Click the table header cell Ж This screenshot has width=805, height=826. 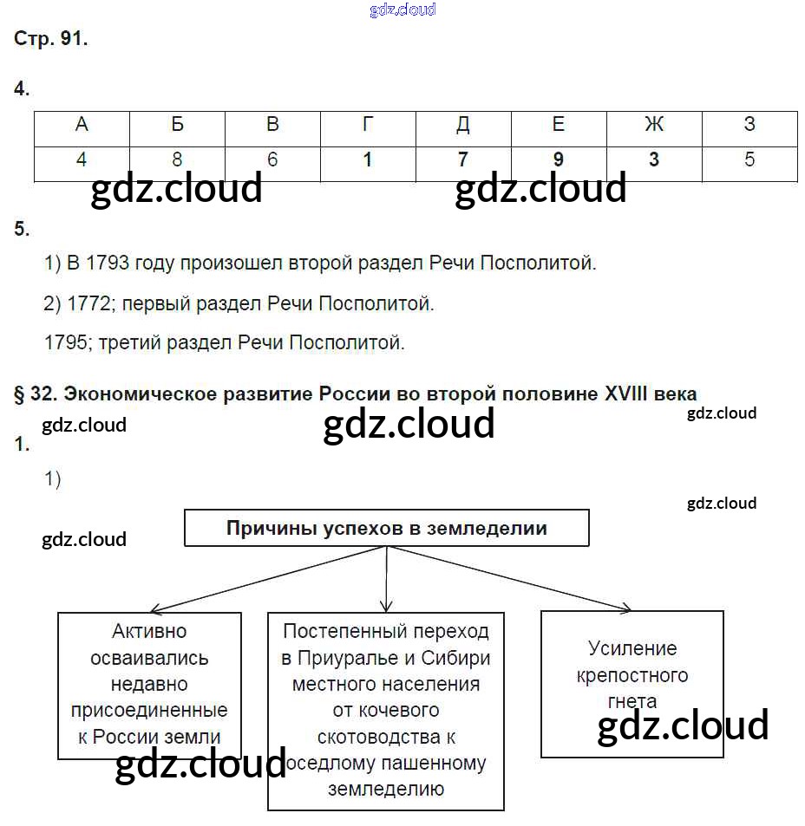click(653, 125)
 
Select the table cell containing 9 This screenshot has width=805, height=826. click(558, 160)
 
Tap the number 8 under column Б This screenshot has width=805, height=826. click(177, 160)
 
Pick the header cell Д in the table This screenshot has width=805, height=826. click(462, 125)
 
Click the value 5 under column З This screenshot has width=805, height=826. click(749, 160)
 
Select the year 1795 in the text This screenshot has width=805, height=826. click(66, 342)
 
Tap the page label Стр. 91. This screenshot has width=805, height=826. click(51, 39)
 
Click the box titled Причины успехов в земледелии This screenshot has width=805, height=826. click(386, 528)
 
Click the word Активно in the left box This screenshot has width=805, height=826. click(149, 632)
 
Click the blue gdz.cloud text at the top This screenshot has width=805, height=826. click(402, 10)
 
